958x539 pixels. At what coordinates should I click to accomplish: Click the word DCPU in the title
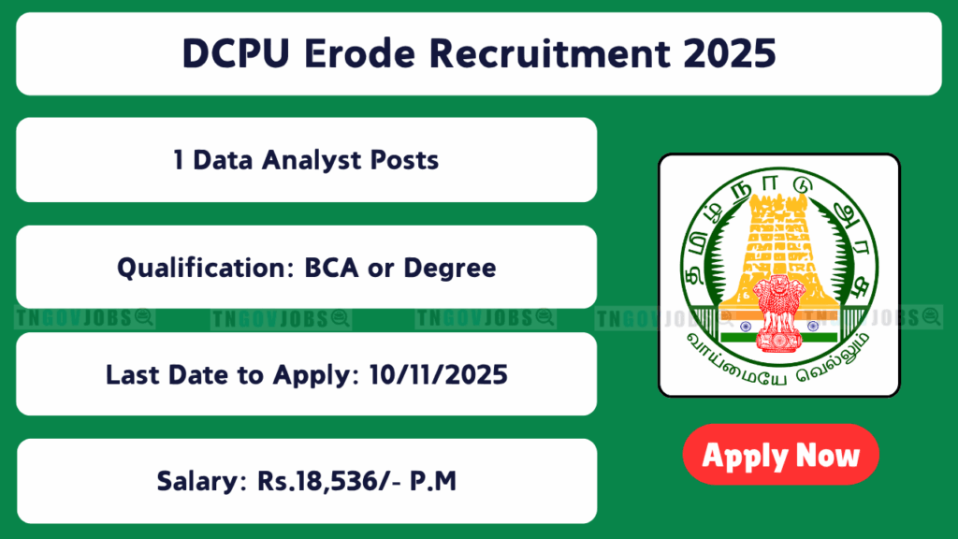pos(235,53)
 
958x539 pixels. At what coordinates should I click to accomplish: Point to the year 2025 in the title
pos(730,53)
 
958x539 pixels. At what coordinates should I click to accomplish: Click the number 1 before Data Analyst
pos(178,160)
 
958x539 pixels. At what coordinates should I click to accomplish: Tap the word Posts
pos(404,160)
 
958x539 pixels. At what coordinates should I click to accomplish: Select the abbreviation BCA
pos(331,268)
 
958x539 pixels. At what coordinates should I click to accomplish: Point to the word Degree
pos(450,268)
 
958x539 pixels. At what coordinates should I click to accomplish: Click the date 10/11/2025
pos(438,374)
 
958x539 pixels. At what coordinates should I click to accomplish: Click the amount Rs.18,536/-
pos(329,482)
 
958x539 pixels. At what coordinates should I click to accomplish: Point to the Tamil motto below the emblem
pos(778,364)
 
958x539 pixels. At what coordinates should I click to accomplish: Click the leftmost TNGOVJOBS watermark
pos(84,318)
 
